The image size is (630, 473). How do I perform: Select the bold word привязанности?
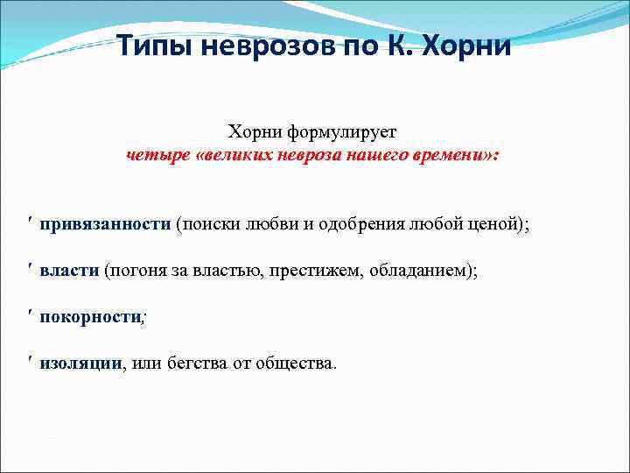click(105, 224)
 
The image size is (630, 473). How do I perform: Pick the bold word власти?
click(69, 272)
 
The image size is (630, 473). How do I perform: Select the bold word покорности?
click(90, 318)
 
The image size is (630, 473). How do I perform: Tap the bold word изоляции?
click(80, 364)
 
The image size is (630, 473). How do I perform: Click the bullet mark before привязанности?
click(31, 223)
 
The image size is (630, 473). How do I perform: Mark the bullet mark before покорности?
click(31, 317)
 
